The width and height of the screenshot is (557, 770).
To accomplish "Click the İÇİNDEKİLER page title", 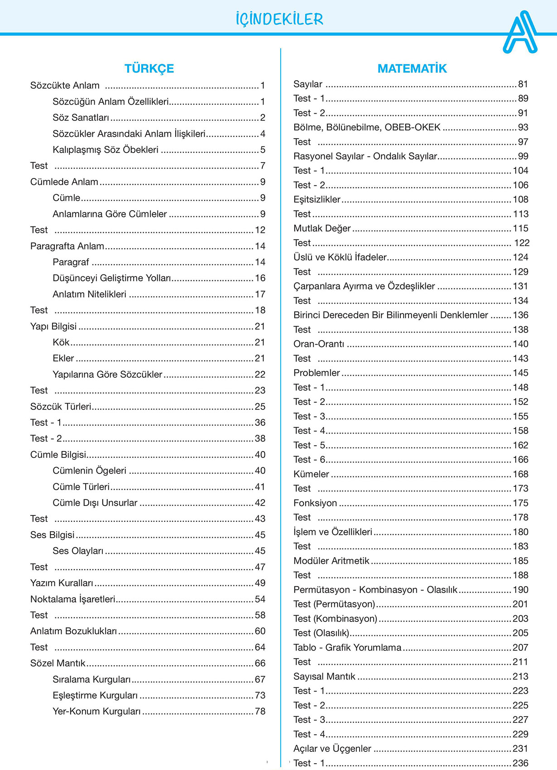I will (279, 19).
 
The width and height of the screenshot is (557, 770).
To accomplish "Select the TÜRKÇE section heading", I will (149, 68).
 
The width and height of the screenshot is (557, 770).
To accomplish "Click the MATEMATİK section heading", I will (412, 68).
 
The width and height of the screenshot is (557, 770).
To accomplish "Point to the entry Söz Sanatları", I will (81, 118).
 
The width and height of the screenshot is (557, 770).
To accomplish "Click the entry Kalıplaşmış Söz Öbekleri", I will (105, 150).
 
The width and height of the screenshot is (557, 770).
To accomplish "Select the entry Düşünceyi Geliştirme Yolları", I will (111, 278).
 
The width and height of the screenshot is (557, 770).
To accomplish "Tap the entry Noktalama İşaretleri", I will (72, 599).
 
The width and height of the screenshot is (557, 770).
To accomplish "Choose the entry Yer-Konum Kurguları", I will (96, 712).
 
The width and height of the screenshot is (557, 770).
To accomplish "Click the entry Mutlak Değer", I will (322, 228).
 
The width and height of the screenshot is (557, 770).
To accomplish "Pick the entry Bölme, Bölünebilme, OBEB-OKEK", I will (367, 127).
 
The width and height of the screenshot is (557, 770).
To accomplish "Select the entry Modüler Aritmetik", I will (331, 561).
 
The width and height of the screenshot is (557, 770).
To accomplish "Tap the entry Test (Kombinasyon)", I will (335, 619).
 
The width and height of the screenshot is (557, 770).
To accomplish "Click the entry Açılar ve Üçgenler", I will (332, 749).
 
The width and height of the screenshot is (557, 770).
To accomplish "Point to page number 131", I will (520, 286).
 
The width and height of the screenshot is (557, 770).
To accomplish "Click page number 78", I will (260, 712).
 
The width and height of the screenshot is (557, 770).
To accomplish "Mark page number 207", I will (520, 648).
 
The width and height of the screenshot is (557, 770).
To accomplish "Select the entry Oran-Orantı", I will (319, 344).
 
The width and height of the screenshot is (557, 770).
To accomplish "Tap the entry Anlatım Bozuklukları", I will (73, 631).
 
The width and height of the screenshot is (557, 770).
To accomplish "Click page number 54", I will (260, 599).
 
